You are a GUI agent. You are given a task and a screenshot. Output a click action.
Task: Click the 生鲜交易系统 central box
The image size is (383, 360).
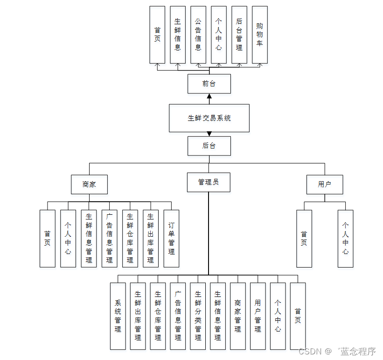pos(209,118)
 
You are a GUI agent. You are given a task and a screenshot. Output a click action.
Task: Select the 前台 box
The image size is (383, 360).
pos(209,84)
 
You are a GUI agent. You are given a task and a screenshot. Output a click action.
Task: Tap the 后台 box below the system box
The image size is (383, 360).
pos(209,146)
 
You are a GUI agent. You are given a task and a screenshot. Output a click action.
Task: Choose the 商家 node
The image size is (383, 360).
pos(89,184)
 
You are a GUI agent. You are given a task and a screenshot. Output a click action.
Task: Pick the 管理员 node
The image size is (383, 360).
pos(209,182)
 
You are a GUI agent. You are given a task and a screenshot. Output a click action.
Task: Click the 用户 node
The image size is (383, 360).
pos(325,184)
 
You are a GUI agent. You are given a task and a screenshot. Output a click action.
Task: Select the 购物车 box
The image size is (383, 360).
pos(260,35)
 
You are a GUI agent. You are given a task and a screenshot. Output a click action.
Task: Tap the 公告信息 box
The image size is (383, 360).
pos(198,35)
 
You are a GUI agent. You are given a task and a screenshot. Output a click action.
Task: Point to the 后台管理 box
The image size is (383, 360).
pos(239,35)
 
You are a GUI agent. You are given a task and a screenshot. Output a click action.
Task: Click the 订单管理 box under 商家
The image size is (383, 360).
pos(171,239)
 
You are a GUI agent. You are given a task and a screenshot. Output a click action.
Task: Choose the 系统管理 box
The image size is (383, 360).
pos(118,316)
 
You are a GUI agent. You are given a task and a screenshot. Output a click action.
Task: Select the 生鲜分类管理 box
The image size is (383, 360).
pos(198,316)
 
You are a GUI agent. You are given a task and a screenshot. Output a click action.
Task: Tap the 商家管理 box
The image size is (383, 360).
pos(238,316)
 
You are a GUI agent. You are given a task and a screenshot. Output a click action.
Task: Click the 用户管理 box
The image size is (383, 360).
pos(258,316)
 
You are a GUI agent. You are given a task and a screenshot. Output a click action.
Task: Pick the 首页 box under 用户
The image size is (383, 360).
pos(304,239)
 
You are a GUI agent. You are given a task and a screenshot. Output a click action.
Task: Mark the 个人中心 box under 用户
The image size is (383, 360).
pos(345,239)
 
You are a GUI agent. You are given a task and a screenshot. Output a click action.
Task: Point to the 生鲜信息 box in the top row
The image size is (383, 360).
pos(178,35)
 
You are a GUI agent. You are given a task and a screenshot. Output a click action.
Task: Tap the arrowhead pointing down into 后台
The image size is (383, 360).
pos(209,134)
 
